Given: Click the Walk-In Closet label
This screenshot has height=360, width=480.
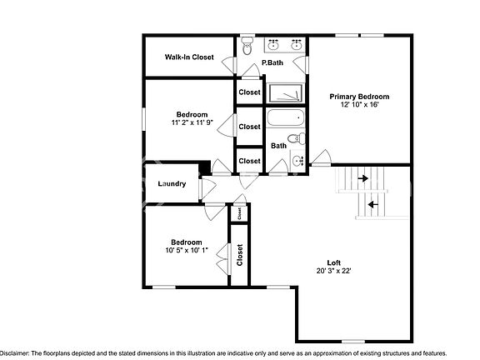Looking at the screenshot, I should [188, 57].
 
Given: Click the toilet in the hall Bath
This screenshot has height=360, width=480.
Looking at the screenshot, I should [294, 138].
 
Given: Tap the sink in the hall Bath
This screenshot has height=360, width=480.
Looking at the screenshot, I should [297, 160].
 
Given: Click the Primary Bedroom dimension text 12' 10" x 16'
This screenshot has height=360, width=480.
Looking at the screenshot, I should [359, 105].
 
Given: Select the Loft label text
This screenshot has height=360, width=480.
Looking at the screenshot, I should [333, 262].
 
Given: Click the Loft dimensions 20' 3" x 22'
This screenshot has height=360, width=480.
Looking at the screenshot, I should [333, 271].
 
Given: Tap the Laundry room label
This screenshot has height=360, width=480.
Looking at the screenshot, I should [172, 183].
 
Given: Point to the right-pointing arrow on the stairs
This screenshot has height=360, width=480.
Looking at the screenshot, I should [362, 177].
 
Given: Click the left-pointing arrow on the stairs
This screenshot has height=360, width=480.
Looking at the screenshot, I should [372, 202].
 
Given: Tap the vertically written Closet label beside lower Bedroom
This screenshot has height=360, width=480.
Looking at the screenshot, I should [240, 254].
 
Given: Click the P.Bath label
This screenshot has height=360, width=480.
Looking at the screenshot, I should [273, 63].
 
